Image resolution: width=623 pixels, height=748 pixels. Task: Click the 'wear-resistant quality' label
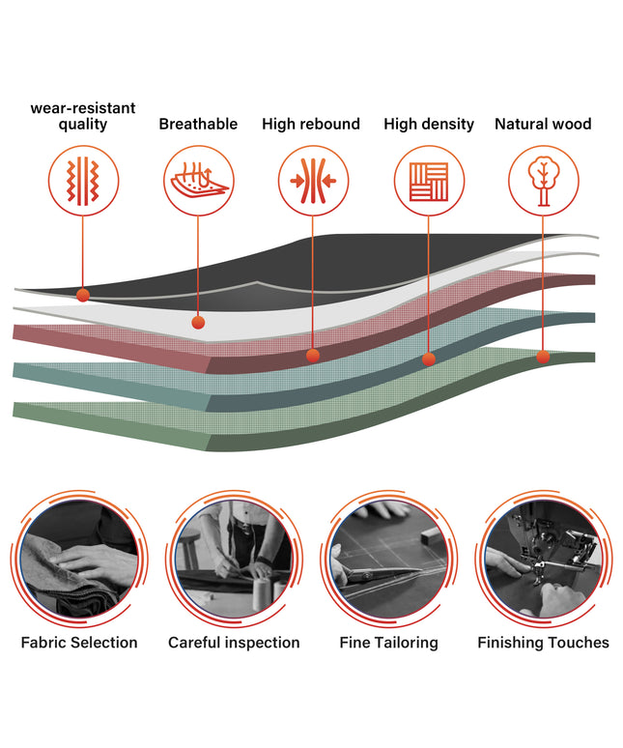point(83,116)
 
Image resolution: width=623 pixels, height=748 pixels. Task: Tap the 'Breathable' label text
point(198,124)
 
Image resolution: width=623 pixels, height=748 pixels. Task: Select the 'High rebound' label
point(311,124)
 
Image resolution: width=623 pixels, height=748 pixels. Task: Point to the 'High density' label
point(429,124)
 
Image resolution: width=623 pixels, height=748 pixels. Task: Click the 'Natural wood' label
point(543,124)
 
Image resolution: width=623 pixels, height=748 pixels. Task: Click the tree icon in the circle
point(544,182)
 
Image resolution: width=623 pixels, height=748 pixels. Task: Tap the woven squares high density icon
point(429,182)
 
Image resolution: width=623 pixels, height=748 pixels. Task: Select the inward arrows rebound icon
point(313,182)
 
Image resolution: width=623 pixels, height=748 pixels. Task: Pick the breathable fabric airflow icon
point(200,181)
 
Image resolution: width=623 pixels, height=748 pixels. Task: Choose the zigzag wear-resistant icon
point(83,182)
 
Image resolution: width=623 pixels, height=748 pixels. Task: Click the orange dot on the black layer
point(83,295)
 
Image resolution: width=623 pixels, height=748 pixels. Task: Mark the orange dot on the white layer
point(198,323)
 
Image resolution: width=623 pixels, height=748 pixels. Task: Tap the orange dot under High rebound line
point(313,356)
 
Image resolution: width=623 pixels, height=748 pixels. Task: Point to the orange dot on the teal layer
point(429,360)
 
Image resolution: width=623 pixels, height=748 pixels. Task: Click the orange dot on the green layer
point(543,357)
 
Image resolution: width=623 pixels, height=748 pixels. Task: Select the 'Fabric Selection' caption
point(79,643)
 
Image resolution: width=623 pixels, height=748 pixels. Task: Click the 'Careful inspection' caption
point(234,643)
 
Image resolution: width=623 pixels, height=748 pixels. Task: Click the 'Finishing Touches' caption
point(544,643)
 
